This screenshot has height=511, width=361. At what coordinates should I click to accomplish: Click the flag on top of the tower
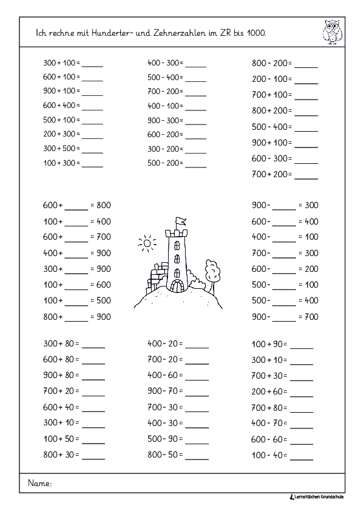180,222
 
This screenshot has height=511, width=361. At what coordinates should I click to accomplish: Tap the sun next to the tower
146,245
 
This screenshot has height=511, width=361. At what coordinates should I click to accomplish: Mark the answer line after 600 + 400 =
92,106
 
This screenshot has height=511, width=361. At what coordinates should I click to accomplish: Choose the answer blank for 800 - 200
306,64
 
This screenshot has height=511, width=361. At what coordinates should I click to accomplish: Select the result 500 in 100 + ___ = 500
103,300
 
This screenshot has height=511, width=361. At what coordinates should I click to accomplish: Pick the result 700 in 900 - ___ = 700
311,316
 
